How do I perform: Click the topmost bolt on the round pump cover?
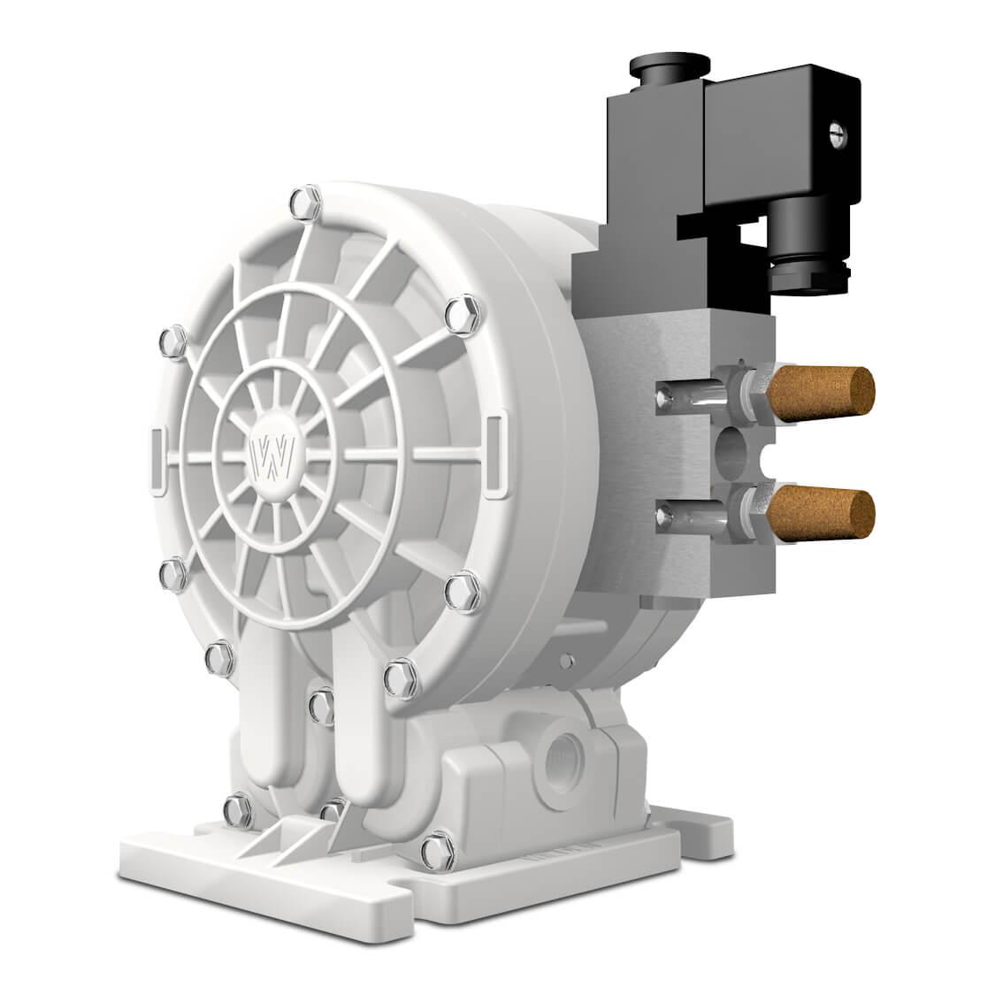pyautogui.click(x=306, y=198)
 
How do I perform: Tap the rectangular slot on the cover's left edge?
pyautogui.click(x=157, y=460)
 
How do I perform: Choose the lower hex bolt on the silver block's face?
pyautogui.click(x=662, y=512)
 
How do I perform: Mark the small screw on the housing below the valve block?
pyautogui.click(x=563, y=661)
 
